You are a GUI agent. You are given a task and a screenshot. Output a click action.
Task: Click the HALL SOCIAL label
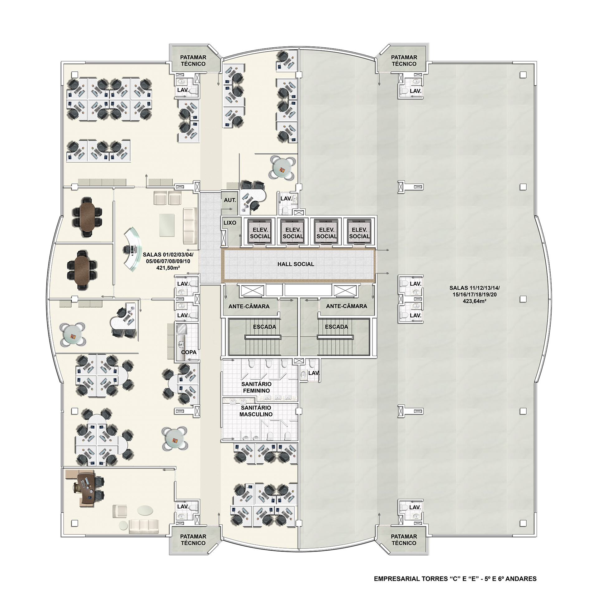pos(296,264)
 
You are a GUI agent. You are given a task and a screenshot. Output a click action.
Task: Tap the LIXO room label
pos(230,223)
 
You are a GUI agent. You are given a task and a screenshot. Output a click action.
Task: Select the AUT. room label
pos(230,200)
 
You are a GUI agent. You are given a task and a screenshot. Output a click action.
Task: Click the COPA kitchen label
pos(189,352)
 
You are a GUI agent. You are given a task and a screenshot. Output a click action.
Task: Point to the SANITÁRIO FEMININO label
pos(256,387)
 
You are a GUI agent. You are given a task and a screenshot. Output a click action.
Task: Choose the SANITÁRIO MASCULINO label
pos(256,411)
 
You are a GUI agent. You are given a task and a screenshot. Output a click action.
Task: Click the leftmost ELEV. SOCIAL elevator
pos(260,232)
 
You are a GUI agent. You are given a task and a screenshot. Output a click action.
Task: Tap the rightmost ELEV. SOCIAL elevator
pos(359,232)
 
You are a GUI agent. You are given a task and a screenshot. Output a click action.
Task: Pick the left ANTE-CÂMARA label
pos(249,306)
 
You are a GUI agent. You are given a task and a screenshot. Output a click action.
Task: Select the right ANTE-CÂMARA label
pos(346,306)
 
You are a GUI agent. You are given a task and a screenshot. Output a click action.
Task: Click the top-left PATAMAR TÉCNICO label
pos(193,61)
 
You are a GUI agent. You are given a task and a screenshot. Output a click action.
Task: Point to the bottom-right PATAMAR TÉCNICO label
pos(404,540)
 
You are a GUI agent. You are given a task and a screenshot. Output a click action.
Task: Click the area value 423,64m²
pos(475,301)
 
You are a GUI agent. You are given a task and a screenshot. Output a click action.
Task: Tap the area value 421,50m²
pos(168,268)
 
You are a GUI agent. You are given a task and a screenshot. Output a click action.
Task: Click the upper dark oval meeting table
pos(87,217)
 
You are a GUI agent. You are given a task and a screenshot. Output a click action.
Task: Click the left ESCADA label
pos(264,327)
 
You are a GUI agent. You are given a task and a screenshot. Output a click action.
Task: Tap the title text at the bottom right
pos(455,579)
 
